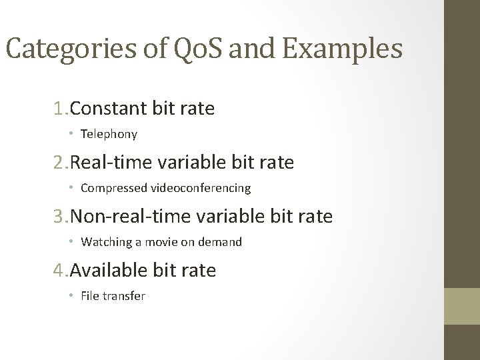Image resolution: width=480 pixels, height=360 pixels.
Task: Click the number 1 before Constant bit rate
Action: [60, 109]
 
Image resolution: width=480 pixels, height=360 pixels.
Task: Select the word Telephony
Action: [109, 134]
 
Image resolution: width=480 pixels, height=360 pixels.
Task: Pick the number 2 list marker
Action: [60, 163]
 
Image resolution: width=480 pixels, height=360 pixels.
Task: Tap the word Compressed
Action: [109, 188]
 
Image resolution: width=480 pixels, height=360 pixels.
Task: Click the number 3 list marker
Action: [60, 217]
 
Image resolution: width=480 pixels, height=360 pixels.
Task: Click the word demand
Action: [222, 242]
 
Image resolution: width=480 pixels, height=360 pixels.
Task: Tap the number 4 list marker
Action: [60, 271]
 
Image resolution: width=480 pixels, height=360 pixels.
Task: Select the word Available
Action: [109, 271]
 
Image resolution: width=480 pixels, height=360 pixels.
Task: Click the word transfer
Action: [124, 296]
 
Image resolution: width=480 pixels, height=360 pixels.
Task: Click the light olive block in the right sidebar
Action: [462, 306]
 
